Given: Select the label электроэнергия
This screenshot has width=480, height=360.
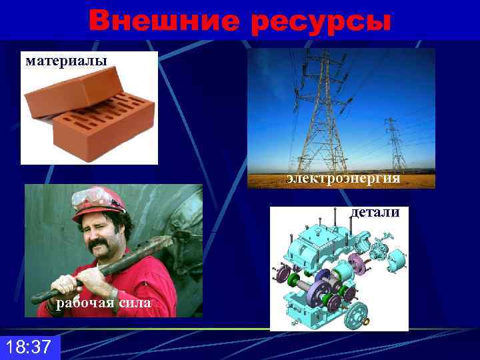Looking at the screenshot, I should coord(344,179).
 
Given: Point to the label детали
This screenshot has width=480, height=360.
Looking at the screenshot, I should coord(375,213).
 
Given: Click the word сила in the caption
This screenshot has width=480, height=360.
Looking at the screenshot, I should coord(135,305).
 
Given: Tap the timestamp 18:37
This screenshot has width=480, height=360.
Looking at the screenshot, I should coord(28,347).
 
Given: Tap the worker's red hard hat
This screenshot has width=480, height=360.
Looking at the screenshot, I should coord(100,203).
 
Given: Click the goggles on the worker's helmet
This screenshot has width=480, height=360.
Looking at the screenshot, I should coord(91,197).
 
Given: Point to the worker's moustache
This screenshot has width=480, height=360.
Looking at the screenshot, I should coord(100,247).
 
